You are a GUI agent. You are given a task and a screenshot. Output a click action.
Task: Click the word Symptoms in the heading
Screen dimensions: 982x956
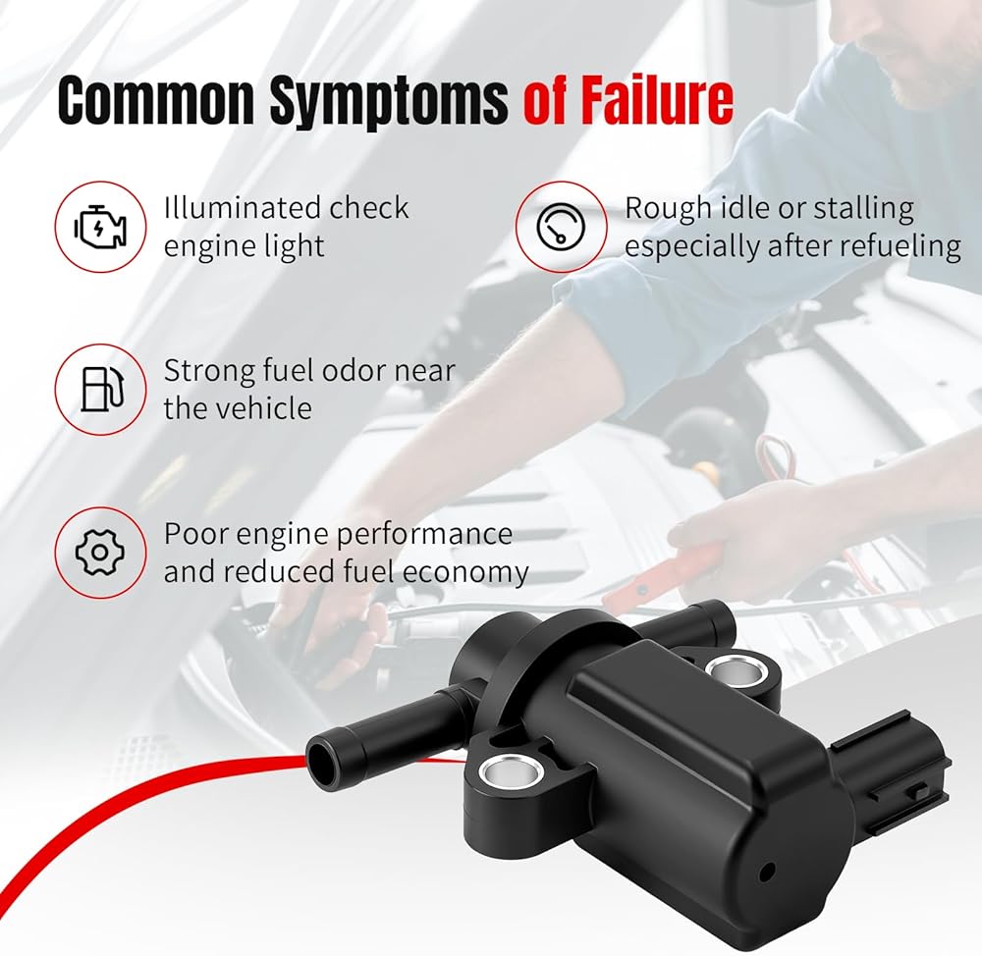(389, 101)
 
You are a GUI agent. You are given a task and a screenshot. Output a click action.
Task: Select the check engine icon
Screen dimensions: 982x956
(100, 226)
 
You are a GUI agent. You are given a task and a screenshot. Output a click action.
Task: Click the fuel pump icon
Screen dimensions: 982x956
(100, 389)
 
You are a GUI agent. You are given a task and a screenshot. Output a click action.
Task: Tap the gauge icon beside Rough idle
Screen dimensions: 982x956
(561, 226)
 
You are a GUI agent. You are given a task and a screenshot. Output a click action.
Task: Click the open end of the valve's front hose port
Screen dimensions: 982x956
(322, 759)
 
